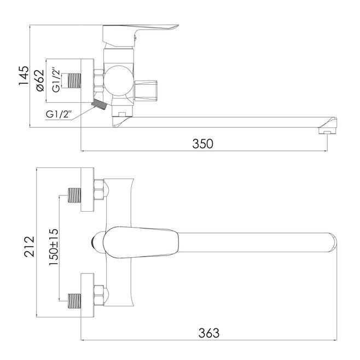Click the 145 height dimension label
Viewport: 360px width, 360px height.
pos(24,76)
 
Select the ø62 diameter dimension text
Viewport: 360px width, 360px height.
pos(40,80)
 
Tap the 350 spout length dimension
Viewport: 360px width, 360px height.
pos(202,144)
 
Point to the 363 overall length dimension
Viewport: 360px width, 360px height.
pos(208,333)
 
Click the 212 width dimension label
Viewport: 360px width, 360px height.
pos(30,247)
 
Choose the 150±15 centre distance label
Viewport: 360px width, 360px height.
pos(54,247)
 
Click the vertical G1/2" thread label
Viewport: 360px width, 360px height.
pos(56,80)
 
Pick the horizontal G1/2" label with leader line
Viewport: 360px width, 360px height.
pos(59,114)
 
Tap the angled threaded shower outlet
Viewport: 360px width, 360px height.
pos(99,104)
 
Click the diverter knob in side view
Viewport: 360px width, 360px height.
pos(146,91)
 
